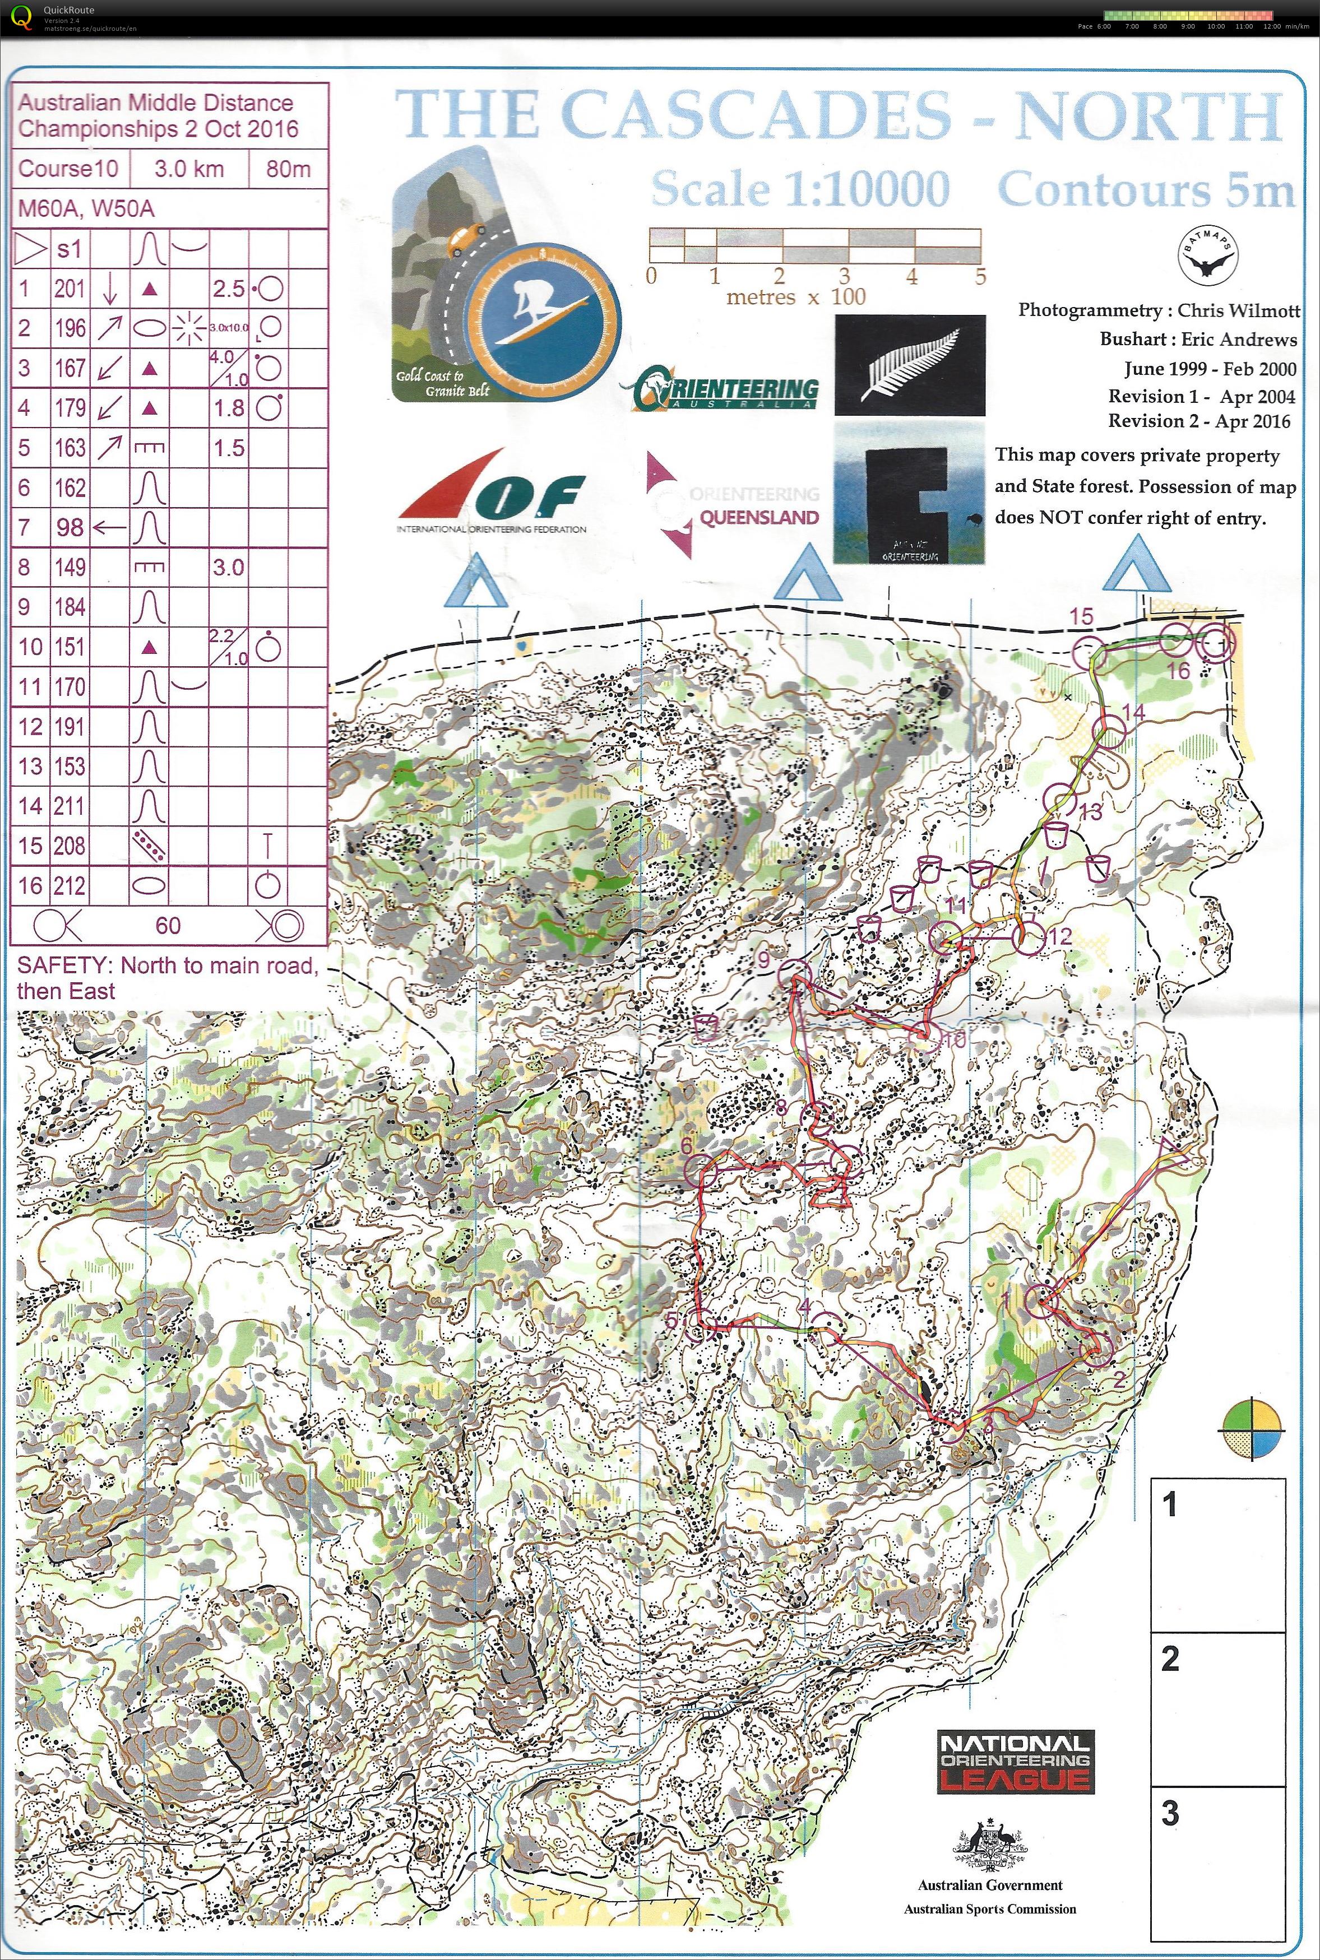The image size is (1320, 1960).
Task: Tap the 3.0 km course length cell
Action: click(188, 168)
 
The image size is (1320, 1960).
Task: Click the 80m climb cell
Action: click(288, 168)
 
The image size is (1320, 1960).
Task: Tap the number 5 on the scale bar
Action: click(979, 276)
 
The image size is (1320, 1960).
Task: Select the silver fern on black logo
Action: click(909, 365)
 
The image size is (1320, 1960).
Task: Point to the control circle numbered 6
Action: click(700, 1171)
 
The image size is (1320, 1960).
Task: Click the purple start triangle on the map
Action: click(1173, 1150)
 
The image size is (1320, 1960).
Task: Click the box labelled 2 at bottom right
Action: click(1217, 1708)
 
